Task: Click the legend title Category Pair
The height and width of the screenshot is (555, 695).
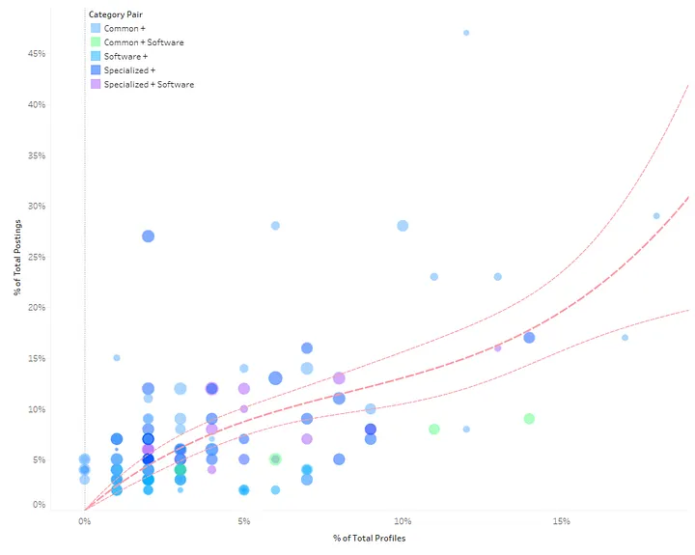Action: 116,15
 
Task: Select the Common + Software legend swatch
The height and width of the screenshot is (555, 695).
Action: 94,42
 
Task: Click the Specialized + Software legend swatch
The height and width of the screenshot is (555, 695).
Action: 94,85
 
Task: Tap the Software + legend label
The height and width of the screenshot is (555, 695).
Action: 125,57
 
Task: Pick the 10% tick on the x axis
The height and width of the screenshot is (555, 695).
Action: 403,521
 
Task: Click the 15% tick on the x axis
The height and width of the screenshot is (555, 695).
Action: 562,521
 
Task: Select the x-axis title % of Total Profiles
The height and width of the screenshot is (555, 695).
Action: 370,538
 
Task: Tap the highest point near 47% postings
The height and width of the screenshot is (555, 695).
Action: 466,33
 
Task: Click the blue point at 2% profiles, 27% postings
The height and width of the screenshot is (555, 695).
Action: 148,236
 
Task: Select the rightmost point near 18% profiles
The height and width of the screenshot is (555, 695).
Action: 656,216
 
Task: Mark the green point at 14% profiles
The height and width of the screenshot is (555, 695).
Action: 529,419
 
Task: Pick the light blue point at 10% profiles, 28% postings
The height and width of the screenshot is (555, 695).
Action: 403,226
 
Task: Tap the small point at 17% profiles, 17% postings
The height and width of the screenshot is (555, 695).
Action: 625,338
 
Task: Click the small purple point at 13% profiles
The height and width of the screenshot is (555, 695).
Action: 497,347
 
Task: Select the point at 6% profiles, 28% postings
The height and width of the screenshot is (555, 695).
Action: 275,226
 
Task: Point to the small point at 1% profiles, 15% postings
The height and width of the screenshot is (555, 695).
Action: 117,358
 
